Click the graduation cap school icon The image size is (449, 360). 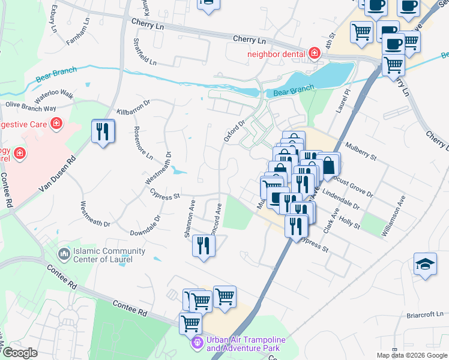coord(425,265)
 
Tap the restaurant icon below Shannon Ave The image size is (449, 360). coord(203,246)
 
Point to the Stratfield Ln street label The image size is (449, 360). coord(144,52)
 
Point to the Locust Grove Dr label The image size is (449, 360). coord(354,187)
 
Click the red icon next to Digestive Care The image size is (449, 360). coord(56,124)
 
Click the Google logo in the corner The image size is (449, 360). coord(19,353)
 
